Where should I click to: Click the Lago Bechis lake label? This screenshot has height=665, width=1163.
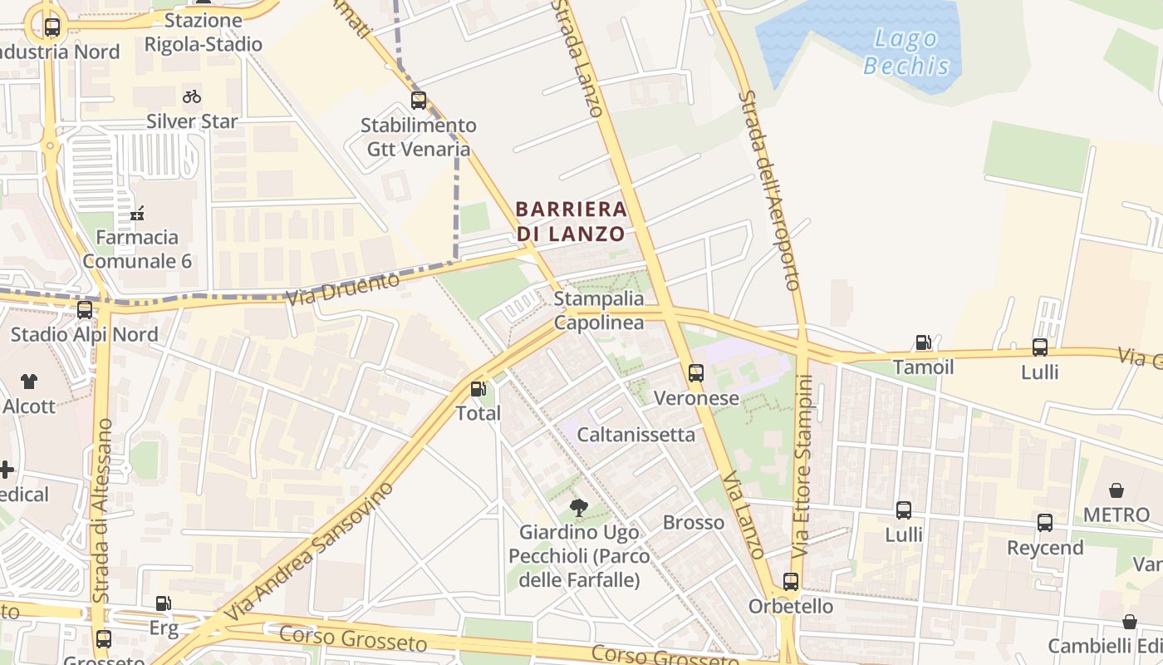(x=906, y=52)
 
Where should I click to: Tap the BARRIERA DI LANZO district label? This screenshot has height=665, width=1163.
(x=571, y=221)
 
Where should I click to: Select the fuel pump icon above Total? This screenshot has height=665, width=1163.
(x=478, y=388)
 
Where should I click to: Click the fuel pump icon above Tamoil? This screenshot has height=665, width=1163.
(x=923, y=342)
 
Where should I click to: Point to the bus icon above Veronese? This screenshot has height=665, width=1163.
(x=696, y=373)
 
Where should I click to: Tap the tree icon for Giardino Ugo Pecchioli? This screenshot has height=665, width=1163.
(x=578, y=507)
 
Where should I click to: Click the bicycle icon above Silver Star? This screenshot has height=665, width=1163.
(x=192, y=96)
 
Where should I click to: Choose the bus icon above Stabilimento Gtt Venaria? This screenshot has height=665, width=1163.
(x=419, y=101)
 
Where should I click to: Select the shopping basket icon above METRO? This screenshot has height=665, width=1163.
(x=1116, y=490)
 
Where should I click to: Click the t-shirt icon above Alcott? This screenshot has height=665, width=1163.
(x=29, y=382)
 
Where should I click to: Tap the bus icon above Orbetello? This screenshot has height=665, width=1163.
(x=791, y=582)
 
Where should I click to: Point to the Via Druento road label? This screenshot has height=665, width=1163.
(x=342, y=288)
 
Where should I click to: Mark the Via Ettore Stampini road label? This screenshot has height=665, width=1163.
(x=802, y=465)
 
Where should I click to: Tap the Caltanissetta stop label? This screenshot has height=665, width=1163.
(x=635, y=434)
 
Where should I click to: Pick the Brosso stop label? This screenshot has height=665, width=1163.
(x=694, y=523)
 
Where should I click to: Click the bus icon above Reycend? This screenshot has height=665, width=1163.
(x=1045, y=523)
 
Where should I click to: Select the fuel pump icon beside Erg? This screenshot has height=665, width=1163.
(x=164, y=604)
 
